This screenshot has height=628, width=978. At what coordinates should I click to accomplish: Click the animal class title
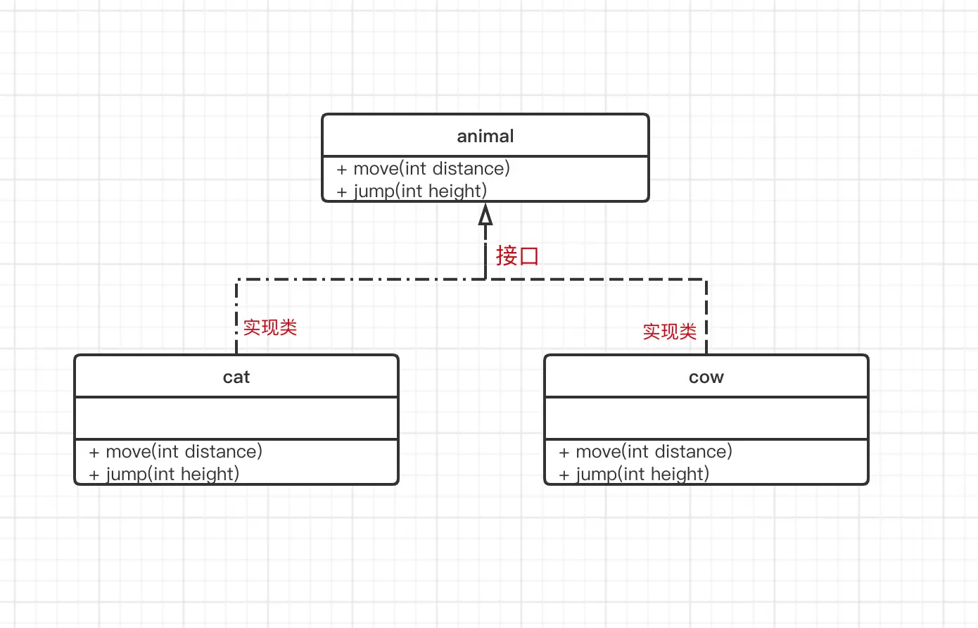[485, 137]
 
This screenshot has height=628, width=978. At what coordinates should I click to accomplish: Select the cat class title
[236, 377]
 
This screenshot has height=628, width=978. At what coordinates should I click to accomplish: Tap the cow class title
[706, 377]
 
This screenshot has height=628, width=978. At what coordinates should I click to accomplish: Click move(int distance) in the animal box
[431, 169]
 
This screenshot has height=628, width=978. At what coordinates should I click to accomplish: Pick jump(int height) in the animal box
[420, 191]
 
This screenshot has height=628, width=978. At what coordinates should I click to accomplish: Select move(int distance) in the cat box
[184, 451]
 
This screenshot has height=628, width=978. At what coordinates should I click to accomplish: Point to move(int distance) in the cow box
[654, 451]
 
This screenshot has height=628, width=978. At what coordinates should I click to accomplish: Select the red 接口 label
[517, 256]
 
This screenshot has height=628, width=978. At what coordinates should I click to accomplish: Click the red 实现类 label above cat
[269, 327]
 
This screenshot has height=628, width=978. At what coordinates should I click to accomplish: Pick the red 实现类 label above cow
[669, 332]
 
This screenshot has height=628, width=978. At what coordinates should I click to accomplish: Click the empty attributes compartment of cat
[236, 418]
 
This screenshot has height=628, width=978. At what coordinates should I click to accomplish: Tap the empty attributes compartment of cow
[706, 418]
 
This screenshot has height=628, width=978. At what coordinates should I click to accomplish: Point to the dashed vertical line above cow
[706, 317]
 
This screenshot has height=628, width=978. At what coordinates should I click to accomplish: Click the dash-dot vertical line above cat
[236, 317]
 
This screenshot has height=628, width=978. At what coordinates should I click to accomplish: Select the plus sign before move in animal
[341, 170]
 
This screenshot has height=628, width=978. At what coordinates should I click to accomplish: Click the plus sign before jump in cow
[564, 475]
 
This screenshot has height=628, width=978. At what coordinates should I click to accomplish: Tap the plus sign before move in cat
[94, 452]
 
